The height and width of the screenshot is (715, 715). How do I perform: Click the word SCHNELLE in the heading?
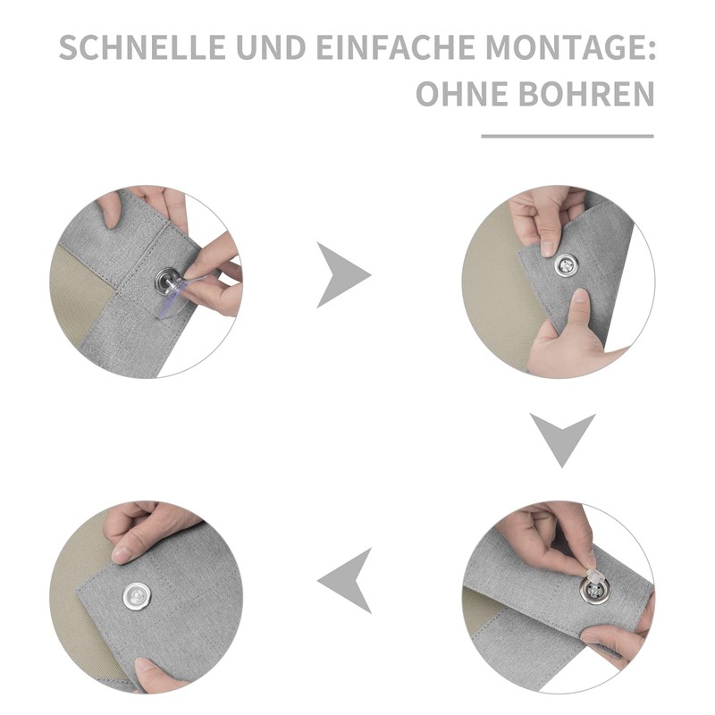pyautogui.click(x=142, y=47)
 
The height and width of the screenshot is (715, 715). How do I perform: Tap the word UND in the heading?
pyautogui.click(x=271, y=47)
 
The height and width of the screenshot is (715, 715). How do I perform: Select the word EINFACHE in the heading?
pyautogui.click(x=396, y=47)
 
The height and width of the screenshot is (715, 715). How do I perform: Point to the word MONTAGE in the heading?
pyautogui.click(x=564, y=47)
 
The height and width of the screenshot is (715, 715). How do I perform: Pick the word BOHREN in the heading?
pyautogui.click(x=587, y=94)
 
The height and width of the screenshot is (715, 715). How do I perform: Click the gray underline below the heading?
pyautogui.click(x=568, y=136)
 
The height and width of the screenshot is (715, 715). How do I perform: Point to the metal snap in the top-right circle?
pyautogui.click(x=567, y=265)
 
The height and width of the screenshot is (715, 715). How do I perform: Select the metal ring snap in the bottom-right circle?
pyautogui.click(x=593, y=592)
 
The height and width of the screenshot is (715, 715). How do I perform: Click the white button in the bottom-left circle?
pyautogui.click(x=139, y=596)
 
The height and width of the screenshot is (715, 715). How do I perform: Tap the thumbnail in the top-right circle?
pyautogui.click(x=580, y=297)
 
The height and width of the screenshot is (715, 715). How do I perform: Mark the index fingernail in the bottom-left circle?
pyautogui.click(x=122, y=553)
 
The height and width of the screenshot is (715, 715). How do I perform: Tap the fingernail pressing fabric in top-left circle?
pyautogui.click(x=109, y=221)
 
